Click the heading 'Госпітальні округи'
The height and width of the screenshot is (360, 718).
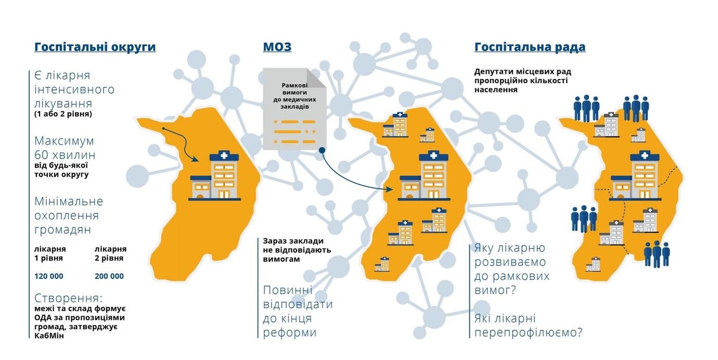[95, 47]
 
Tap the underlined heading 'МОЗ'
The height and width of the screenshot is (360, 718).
[277, 47]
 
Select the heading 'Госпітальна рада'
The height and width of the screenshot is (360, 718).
[530, 47]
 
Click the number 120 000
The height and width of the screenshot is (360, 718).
[49, 276]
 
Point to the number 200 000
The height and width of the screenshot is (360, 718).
[109, 276]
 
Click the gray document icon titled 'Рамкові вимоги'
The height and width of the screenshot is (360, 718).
[294, 109]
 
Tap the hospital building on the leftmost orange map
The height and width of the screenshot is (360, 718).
[214, 176]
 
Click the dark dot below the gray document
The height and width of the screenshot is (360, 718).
[322, 150]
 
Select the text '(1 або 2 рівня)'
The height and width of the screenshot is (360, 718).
[63, 114]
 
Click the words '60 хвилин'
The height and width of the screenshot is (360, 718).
[65, 155]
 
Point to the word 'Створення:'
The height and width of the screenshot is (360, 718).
[68, 298]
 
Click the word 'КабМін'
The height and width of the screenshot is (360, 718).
[49, 336]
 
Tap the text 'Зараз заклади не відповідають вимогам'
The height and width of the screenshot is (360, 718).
[297, 250]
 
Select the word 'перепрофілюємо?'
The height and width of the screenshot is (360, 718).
[528, 332]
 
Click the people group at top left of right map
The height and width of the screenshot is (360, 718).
[586, 108]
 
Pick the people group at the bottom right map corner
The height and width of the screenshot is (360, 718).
[657, 254]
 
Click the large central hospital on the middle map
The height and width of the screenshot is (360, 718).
[424, 176]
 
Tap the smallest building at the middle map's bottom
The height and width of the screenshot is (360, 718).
[382, 264]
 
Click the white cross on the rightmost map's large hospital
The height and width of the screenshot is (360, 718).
[644, 156]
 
